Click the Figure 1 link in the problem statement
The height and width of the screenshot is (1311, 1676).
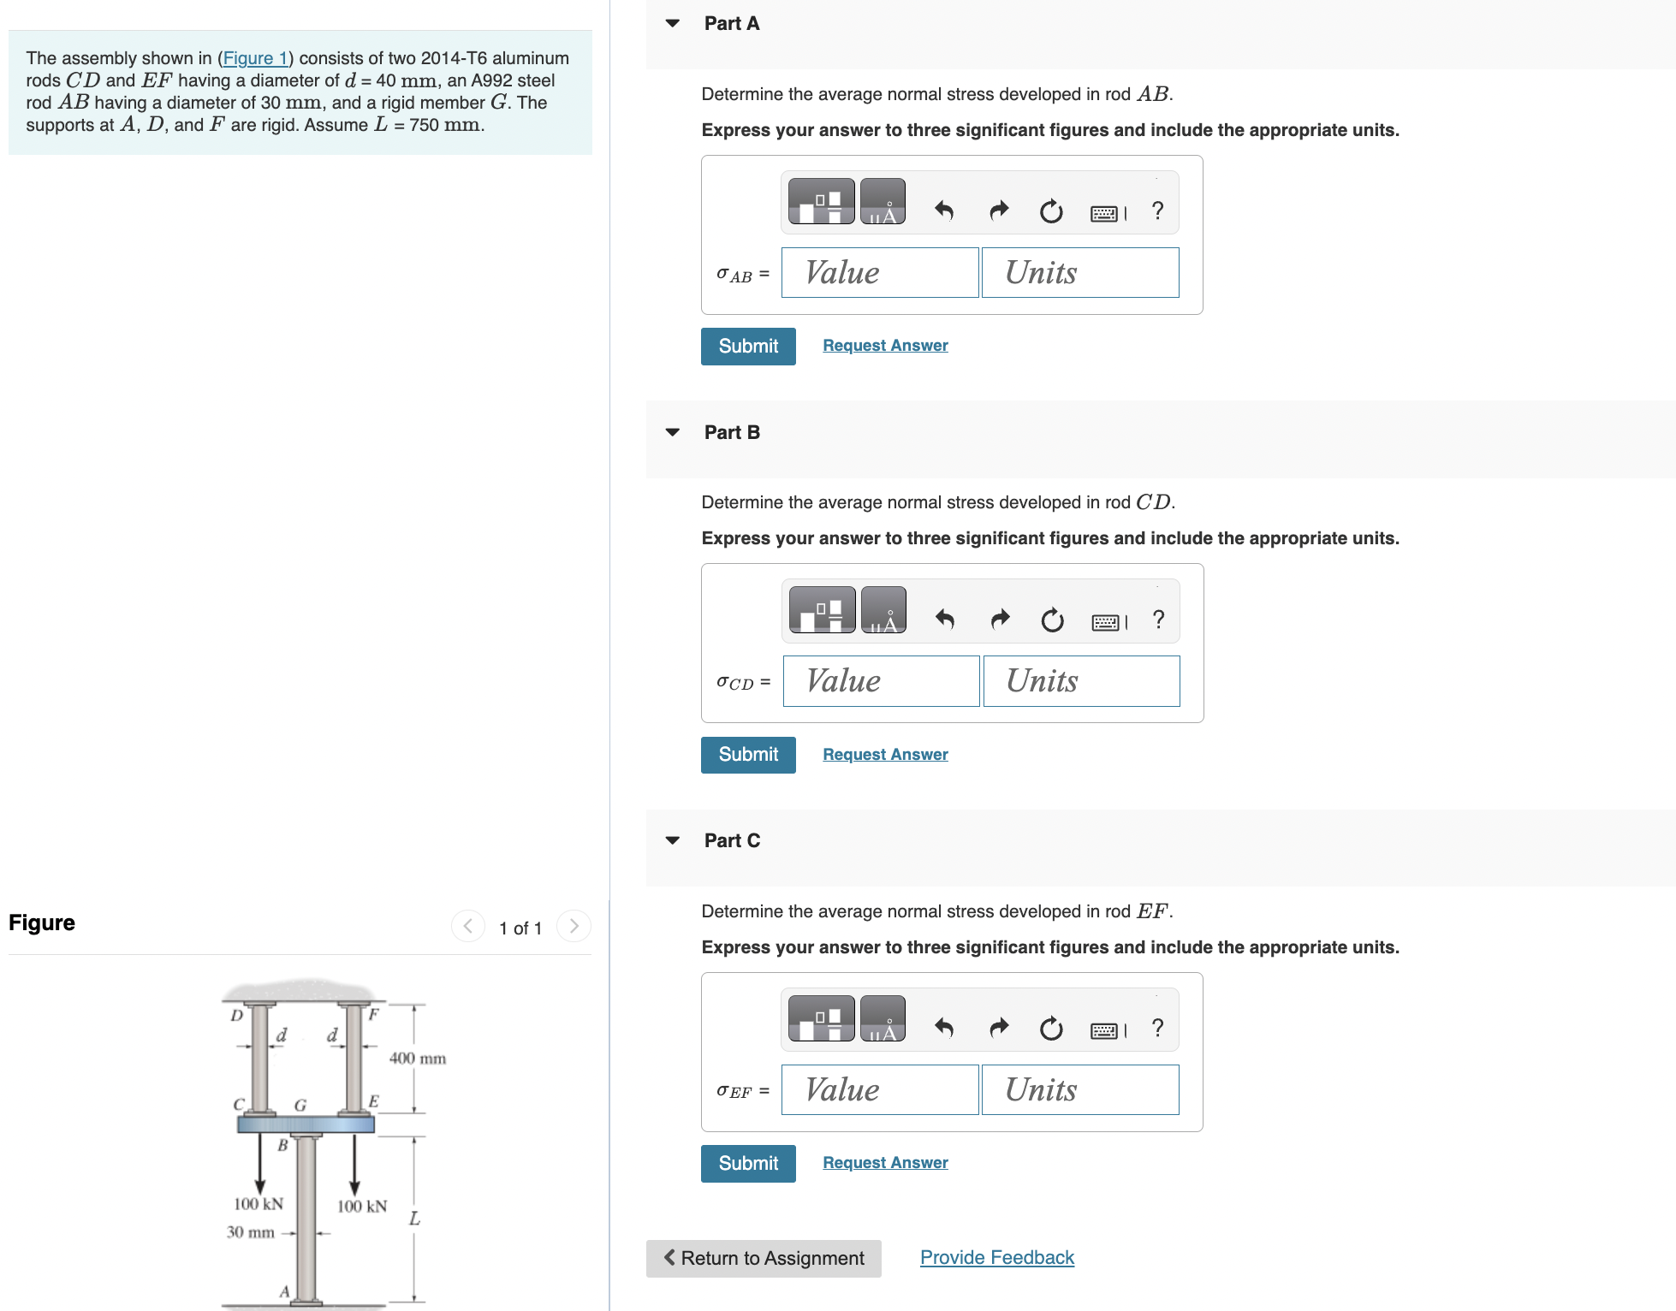(254, 58)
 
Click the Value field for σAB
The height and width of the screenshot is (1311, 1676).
(879, 273)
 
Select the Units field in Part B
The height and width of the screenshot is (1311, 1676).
(1081, 681)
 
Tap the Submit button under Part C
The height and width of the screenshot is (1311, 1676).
(747, 1163)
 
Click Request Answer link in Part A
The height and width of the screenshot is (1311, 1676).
(885, 346)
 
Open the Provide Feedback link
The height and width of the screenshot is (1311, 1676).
(996, 1257)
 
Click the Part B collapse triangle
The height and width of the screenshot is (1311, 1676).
(673, 432)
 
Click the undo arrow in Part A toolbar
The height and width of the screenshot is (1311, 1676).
(943, 211)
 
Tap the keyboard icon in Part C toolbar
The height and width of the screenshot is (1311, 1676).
(1104, 1030)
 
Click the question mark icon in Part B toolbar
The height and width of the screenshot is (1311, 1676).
(1158, 619)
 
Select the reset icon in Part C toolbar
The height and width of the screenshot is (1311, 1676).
(1051, 1028)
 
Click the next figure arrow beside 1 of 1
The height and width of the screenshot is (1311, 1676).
(574, 926)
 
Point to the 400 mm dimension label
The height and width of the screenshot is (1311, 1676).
(417, 1059)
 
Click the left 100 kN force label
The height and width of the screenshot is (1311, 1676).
(258, 1204)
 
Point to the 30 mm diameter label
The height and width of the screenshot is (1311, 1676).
(250, 1232)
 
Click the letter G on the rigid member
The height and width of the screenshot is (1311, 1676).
(300, 1106)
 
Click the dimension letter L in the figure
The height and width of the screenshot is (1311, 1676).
(414, 1219)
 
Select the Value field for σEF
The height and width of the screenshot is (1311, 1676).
(879, 1090)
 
